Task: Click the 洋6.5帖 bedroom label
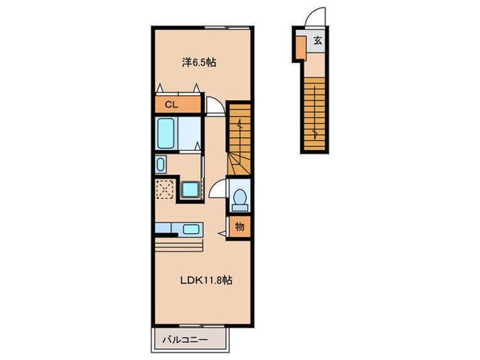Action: coord(200,62)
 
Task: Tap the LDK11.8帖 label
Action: coord(204,280)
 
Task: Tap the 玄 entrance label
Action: coord(317,40)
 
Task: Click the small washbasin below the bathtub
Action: coord(161,165)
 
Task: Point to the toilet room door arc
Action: coord(217,190)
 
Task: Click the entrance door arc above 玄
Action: coord(313,19)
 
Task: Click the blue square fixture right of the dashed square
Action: coord(190,189)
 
